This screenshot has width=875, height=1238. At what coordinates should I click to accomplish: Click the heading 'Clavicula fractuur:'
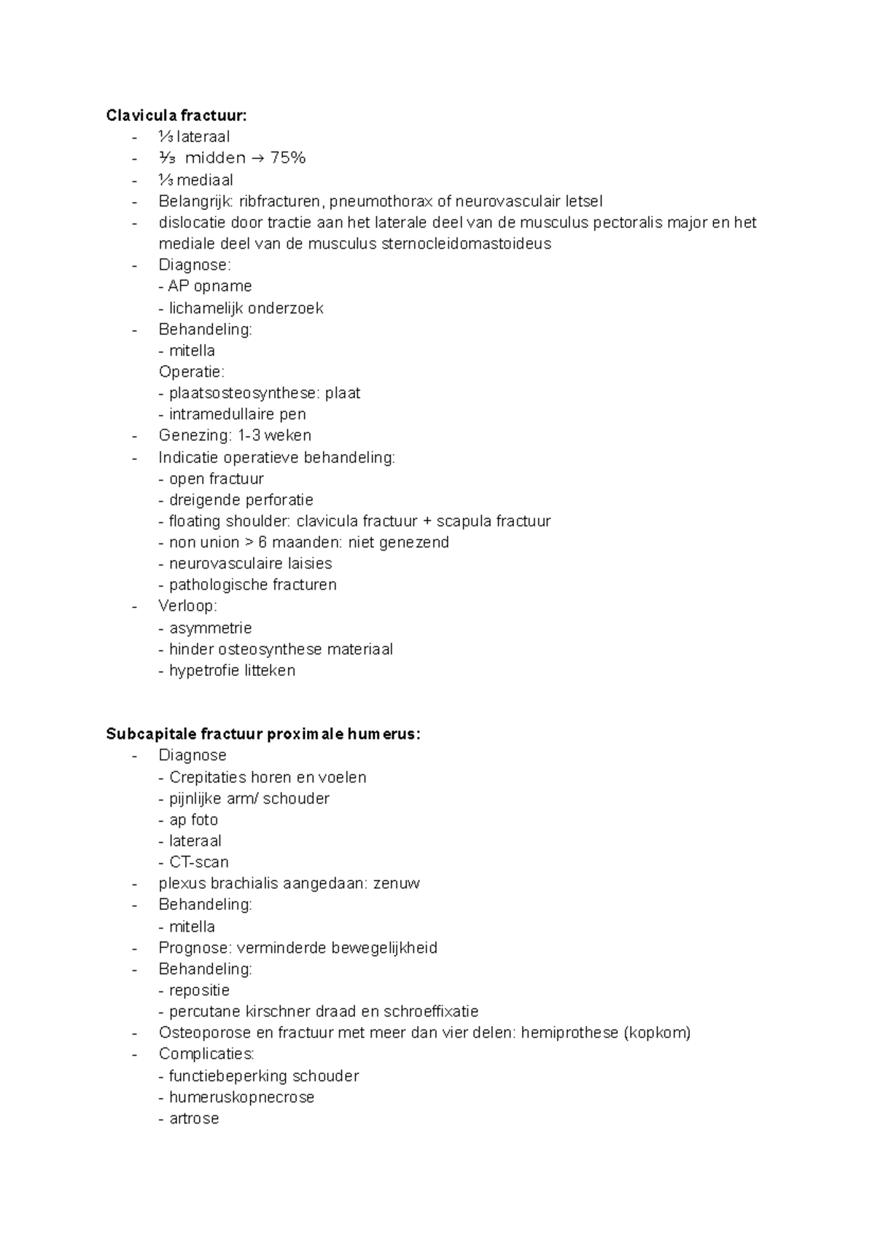point(176,115)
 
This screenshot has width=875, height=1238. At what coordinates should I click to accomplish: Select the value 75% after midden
point(287,157)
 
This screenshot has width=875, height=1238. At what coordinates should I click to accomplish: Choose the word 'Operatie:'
point(192,372)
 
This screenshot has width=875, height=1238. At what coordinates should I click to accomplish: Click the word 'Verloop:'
point(188,606)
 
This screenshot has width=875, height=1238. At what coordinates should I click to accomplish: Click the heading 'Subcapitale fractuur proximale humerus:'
point(263,734)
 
